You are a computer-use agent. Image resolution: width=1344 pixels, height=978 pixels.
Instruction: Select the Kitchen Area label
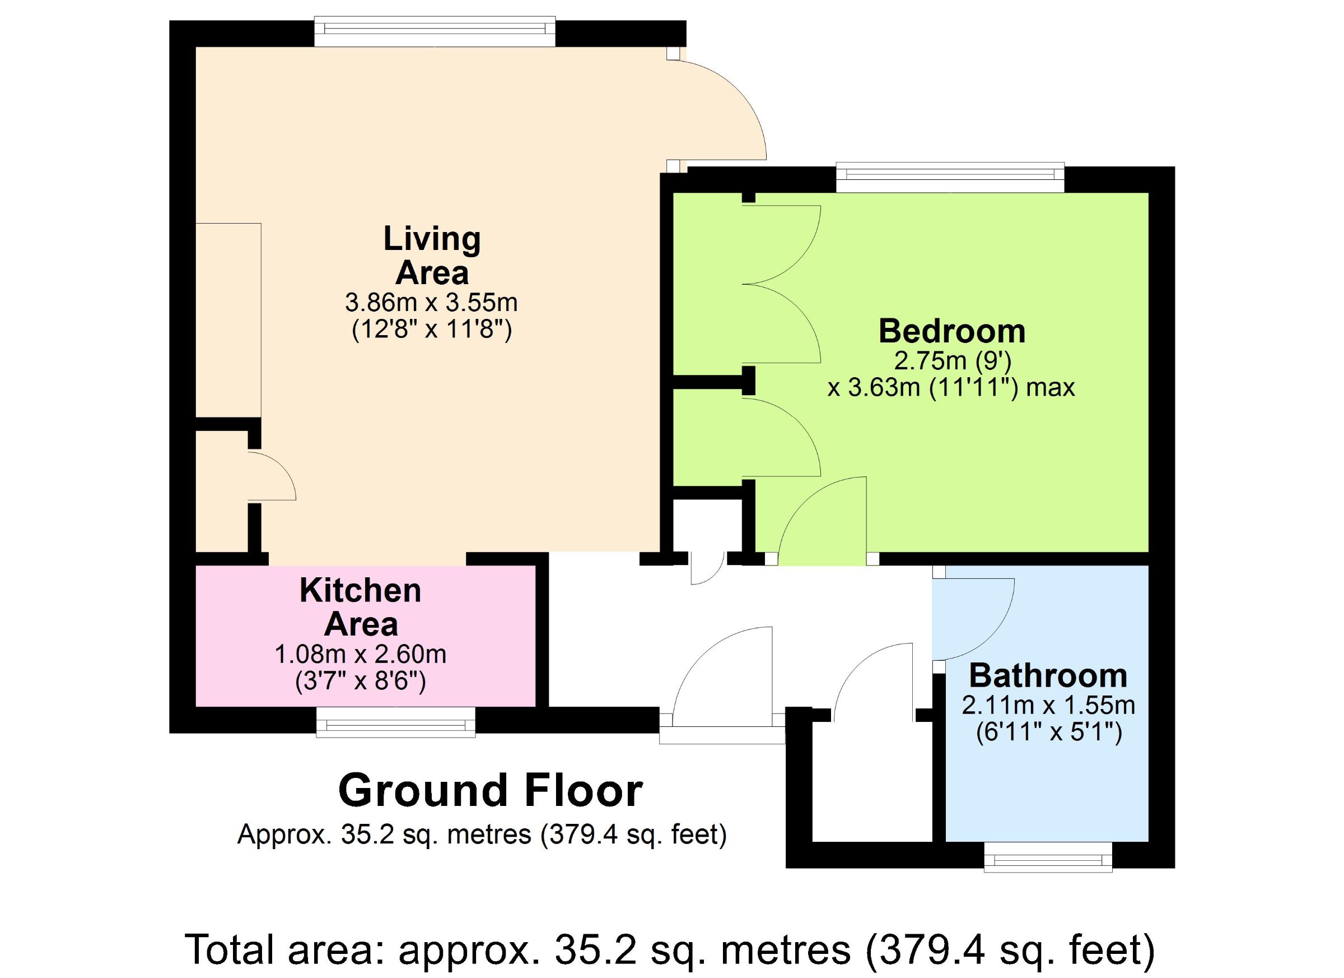361,607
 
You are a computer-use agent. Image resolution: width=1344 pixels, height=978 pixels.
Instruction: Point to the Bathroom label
1048,675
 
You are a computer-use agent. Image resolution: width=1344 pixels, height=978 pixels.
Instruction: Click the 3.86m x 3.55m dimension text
431,303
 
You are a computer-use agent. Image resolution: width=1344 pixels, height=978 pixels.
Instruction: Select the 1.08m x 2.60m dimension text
360,654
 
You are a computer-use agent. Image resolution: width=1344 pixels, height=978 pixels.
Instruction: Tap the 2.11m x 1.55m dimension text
1048,705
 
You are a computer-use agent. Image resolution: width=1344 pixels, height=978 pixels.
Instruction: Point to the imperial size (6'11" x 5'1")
1049,733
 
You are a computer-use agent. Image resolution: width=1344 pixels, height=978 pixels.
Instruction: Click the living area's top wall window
435,31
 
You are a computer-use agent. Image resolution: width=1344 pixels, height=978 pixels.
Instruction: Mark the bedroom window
950,177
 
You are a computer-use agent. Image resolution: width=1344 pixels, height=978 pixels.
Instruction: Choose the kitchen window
396,721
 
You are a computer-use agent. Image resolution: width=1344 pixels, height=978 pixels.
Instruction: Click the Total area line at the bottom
670,948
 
